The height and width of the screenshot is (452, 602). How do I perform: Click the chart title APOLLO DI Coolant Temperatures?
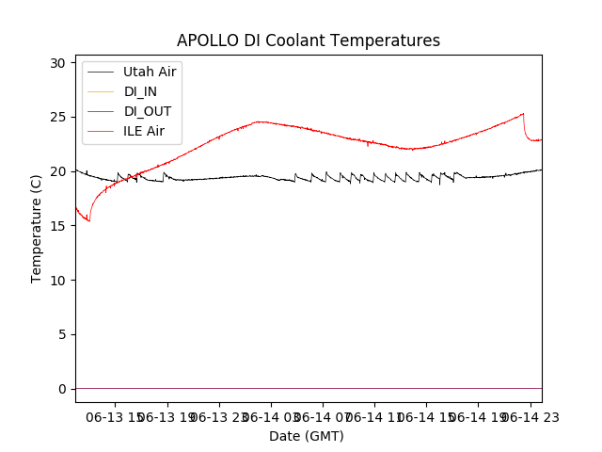tap(309, 40)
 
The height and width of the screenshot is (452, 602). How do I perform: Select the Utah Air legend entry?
tap(150, 72)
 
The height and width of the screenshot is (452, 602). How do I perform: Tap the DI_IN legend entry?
tap(142, 91)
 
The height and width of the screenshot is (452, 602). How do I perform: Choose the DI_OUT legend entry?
tap(148, 111)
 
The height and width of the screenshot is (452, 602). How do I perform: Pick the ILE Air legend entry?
tap(144, 131)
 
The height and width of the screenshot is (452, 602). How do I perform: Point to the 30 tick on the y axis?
tap(58, 63)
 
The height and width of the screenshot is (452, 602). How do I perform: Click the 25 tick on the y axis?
tap(58, 118)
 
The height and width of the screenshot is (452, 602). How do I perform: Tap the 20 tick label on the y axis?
tap(58, 171)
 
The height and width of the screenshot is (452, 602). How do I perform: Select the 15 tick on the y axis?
tap(58, 226)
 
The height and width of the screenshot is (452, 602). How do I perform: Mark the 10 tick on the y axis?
tap(58, 281)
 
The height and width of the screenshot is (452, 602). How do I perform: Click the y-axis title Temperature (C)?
tap(37, 228)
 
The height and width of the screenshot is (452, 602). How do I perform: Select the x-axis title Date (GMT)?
tap(307, 436)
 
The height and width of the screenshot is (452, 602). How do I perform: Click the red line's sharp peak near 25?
tap(523, 114)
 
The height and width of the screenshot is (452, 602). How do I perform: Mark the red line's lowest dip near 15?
tap(89, 220)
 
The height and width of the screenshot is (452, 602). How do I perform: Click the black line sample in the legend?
tap(100, 72)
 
